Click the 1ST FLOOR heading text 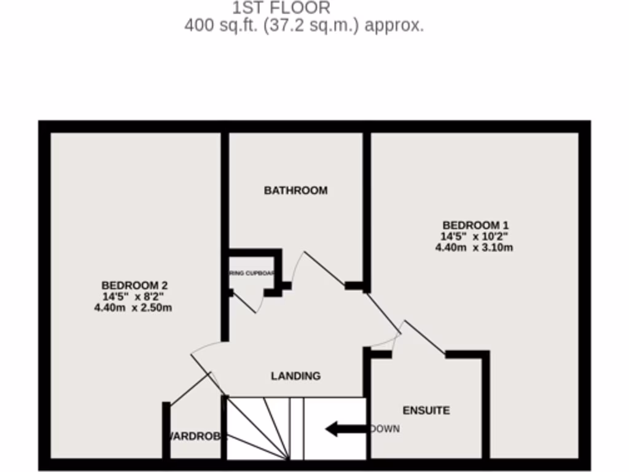click(281, 8)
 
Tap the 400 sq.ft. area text click(303, 26)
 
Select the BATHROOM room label click(295, 191)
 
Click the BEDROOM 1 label click(475, 225)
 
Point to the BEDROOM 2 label click(134, 285)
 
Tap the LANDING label click(295, 376)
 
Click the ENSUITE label click(426, 410)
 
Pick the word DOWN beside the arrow click(385, 429)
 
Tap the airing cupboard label click(251, 273)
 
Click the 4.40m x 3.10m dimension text click(474, 248)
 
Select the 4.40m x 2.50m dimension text click(133, 308)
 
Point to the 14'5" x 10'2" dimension click(474, 237)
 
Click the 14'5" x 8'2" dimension click(133, 297)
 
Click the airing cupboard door click(246, 302)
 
